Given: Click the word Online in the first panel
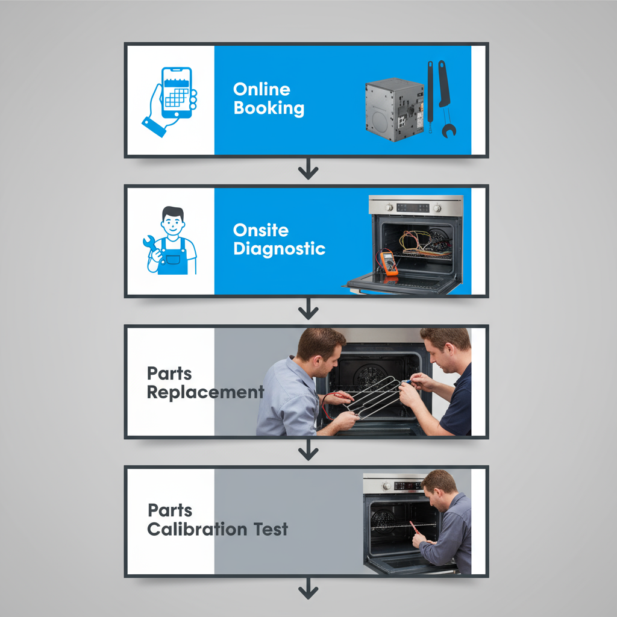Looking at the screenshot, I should tap(262, 89).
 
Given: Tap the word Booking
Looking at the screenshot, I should tap(269, 108).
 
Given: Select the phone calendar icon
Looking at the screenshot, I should tap(176, 93).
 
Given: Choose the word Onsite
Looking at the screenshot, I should tap(261, 230).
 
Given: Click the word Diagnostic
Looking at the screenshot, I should tap(280, 249).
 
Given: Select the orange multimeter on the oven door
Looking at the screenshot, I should tap(388, 263).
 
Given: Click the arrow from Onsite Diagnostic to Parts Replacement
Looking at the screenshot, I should tap(308, 310).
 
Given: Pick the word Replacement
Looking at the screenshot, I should tap(205, 393).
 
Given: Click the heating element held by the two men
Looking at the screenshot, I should tap(374, 396).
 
